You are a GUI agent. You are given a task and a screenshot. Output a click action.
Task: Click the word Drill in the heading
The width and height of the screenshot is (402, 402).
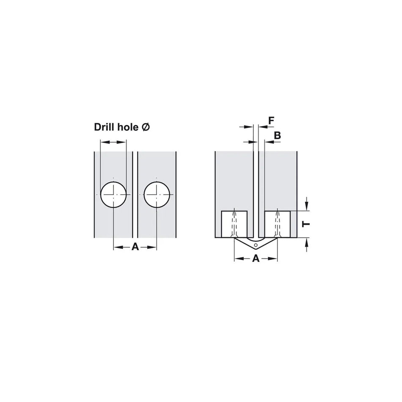pos(105,127)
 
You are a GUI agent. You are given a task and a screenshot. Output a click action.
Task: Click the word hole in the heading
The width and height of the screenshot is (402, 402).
pos(127,127)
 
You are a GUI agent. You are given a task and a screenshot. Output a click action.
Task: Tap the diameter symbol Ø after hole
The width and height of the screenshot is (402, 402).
pos(146,127)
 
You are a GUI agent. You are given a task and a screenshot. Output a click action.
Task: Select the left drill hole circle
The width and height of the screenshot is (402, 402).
pos(114,194)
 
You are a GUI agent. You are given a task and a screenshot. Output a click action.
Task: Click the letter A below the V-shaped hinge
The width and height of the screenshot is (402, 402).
pos(256,259)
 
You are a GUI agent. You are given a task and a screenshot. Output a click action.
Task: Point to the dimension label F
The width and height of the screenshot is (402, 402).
pos(271,121)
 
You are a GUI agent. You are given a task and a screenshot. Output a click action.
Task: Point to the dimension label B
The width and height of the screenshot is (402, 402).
pos(278,135)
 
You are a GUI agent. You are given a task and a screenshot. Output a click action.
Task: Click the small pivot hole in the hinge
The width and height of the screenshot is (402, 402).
pos(255,245)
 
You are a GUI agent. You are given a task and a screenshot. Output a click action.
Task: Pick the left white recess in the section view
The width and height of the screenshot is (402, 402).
pos(234,224)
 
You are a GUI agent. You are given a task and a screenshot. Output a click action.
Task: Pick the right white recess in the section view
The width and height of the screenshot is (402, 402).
pos(277,224)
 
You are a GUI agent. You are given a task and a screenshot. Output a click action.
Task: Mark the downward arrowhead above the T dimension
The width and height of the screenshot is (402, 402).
pos(307,207)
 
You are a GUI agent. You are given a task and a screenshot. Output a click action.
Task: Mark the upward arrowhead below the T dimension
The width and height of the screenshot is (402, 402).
pos(307,242)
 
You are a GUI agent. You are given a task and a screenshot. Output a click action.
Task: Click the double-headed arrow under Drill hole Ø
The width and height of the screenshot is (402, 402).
pos(113,143)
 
